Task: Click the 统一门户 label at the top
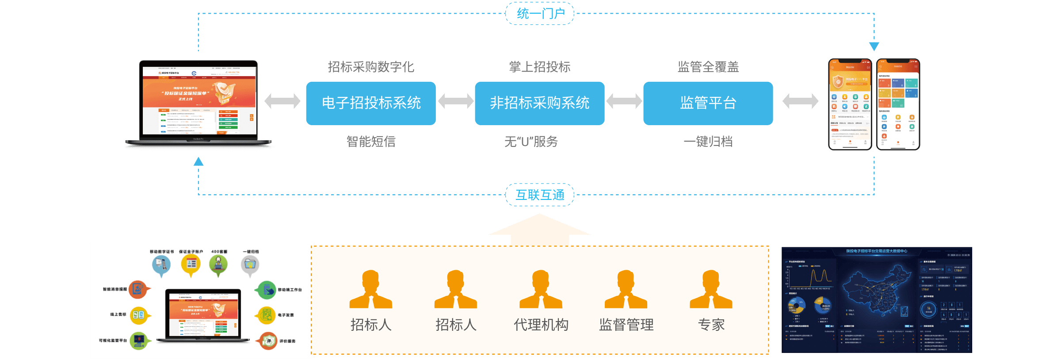(x=540, y=13)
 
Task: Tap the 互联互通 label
(x=540, y=195)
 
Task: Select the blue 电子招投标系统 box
(x=371, y=103)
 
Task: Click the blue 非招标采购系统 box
(x=539, y=103)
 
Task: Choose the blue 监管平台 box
(x=708, y=103)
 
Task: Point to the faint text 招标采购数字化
(x=371, y=67)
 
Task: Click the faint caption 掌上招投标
(x=539, y=67)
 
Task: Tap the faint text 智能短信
(x=371, y=142)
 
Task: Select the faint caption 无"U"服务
(x=531, y=142)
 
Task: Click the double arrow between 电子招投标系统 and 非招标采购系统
(x=455, y=101)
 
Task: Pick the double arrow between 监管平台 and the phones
(x=800, y=101)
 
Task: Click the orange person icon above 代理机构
(x=541, y=289)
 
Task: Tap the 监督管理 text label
(x=626, y=325)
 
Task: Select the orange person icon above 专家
(x=711, y=289)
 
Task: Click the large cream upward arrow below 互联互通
(x=540, y=229)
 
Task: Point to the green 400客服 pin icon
(x=218, y=264)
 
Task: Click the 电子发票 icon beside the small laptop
(x=267, y=315)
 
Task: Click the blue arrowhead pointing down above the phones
(x=874, y=46)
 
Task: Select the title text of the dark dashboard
(x=877, y=251)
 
